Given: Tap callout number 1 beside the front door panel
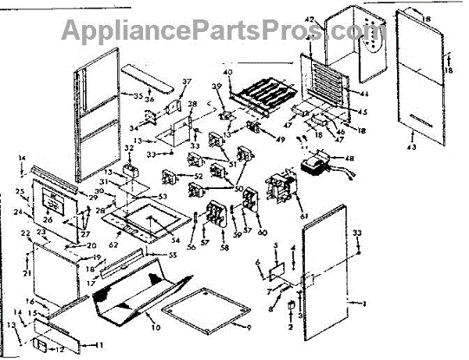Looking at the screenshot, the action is [362, 301].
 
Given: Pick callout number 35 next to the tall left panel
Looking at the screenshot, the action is [138, 97].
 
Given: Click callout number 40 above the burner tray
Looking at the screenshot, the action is [228, 73].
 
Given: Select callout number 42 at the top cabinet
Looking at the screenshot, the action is [308, 18].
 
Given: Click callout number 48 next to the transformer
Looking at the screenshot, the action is [349, 159].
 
